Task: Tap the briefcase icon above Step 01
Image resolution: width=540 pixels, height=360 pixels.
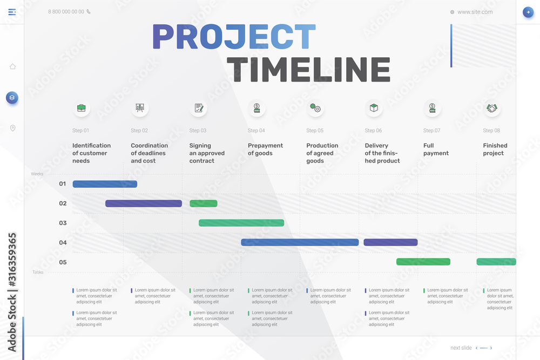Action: click(81, 108)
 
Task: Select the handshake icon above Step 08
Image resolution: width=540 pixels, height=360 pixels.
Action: click(491, 108)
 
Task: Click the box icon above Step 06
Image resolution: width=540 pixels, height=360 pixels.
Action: click(374, 108)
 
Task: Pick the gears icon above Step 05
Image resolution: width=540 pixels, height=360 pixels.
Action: click(315, 108)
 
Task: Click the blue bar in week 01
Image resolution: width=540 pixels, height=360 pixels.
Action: click(105, 184)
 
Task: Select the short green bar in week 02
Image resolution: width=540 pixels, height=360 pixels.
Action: click(203, 203)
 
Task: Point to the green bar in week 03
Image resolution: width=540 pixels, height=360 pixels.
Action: click(241, 223)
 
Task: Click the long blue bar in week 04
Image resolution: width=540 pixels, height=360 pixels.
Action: click(300, 242)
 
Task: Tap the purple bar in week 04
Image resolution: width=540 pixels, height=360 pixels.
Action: click(390, 242)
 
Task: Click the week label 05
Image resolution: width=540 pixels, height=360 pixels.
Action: click(63, 262)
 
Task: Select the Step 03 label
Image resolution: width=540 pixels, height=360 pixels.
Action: click(198, 131)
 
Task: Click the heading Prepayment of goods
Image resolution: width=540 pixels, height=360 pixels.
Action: click(265, 150)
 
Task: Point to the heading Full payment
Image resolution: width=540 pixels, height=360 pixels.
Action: click(436, 150)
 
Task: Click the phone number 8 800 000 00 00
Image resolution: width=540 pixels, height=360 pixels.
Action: click(66, 11)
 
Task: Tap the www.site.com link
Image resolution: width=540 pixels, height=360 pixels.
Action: click(475, 12)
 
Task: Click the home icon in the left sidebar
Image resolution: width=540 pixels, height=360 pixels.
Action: click(12, 66)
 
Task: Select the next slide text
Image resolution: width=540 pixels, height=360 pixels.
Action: click(461, 348)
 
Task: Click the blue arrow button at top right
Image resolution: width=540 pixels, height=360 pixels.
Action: click(528, 12)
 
